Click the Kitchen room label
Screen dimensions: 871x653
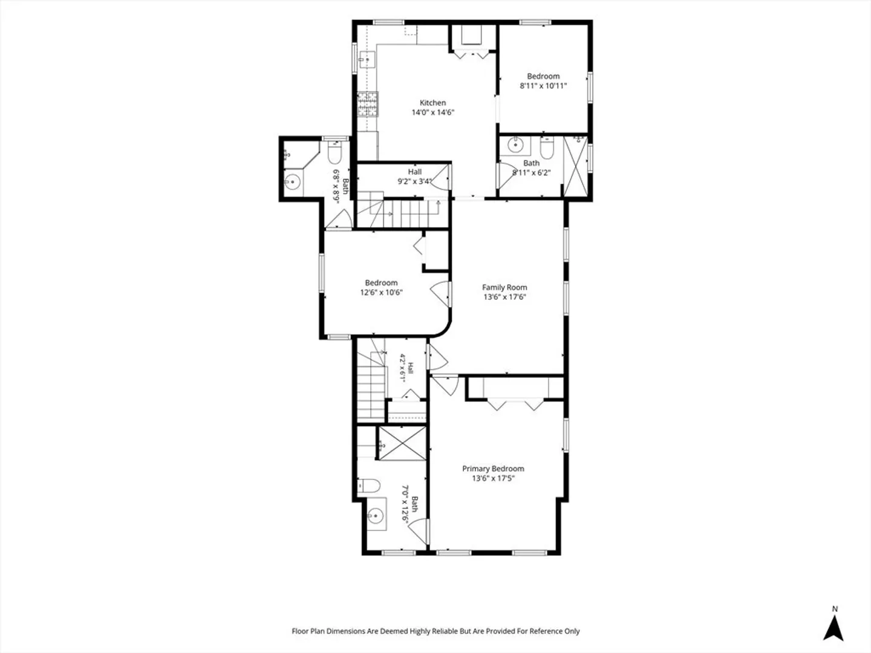432,103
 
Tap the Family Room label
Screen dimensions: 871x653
504,287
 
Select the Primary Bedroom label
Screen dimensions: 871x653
493,469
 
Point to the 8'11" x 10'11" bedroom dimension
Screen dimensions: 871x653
543,86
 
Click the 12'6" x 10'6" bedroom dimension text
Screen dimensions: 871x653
381,293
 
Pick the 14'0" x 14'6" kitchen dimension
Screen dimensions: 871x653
432,112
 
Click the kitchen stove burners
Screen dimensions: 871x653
368,105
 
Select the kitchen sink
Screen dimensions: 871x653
367,60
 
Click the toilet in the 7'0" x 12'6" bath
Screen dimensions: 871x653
368,486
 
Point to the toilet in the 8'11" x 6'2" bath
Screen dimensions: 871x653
547,148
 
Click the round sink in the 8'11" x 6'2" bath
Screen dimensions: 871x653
515,145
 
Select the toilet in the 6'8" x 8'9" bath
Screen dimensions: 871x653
334,152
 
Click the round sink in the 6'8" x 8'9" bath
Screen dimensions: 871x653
293,182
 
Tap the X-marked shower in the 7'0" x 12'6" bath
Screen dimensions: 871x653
402,444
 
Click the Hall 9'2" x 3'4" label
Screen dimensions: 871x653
415,177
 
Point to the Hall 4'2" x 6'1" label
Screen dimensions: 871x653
406,368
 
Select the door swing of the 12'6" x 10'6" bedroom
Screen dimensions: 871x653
440,294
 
